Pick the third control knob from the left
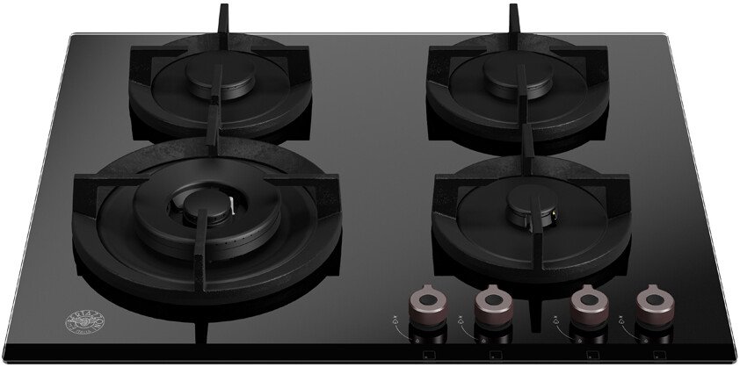pos(588,301)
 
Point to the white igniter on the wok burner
pos(230,210)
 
